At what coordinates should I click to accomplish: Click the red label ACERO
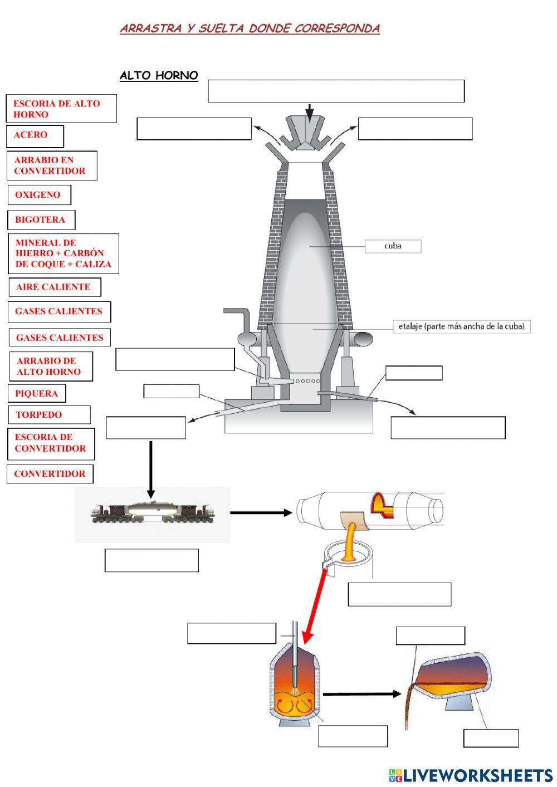coord(35,135)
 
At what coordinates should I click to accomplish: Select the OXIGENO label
coord(39,195)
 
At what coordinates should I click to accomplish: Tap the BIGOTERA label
coord(41,220)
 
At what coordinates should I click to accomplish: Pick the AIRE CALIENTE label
coord(54,287)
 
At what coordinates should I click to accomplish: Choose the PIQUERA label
coord(37,394)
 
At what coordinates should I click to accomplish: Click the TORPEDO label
coord(48,415)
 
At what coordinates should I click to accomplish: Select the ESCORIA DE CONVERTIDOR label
coord(51,443)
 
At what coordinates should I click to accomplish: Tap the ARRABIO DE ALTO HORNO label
coord(50,366)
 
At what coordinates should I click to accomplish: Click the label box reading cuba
coord(393,246)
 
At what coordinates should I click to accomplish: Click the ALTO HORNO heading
coord(159,76)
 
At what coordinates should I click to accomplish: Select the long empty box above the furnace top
coord(336,91)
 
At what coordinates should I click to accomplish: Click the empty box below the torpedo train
coord(152,560)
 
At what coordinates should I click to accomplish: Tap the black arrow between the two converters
coord(361,694)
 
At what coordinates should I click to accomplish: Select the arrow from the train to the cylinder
coord(261,513)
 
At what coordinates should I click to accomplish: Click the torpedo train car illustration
coord(152,513)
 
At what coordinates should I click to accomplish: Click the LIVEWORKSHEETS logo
coord(471,775)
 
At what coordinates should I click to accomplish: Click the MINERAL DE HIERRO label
coord(63,254)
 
